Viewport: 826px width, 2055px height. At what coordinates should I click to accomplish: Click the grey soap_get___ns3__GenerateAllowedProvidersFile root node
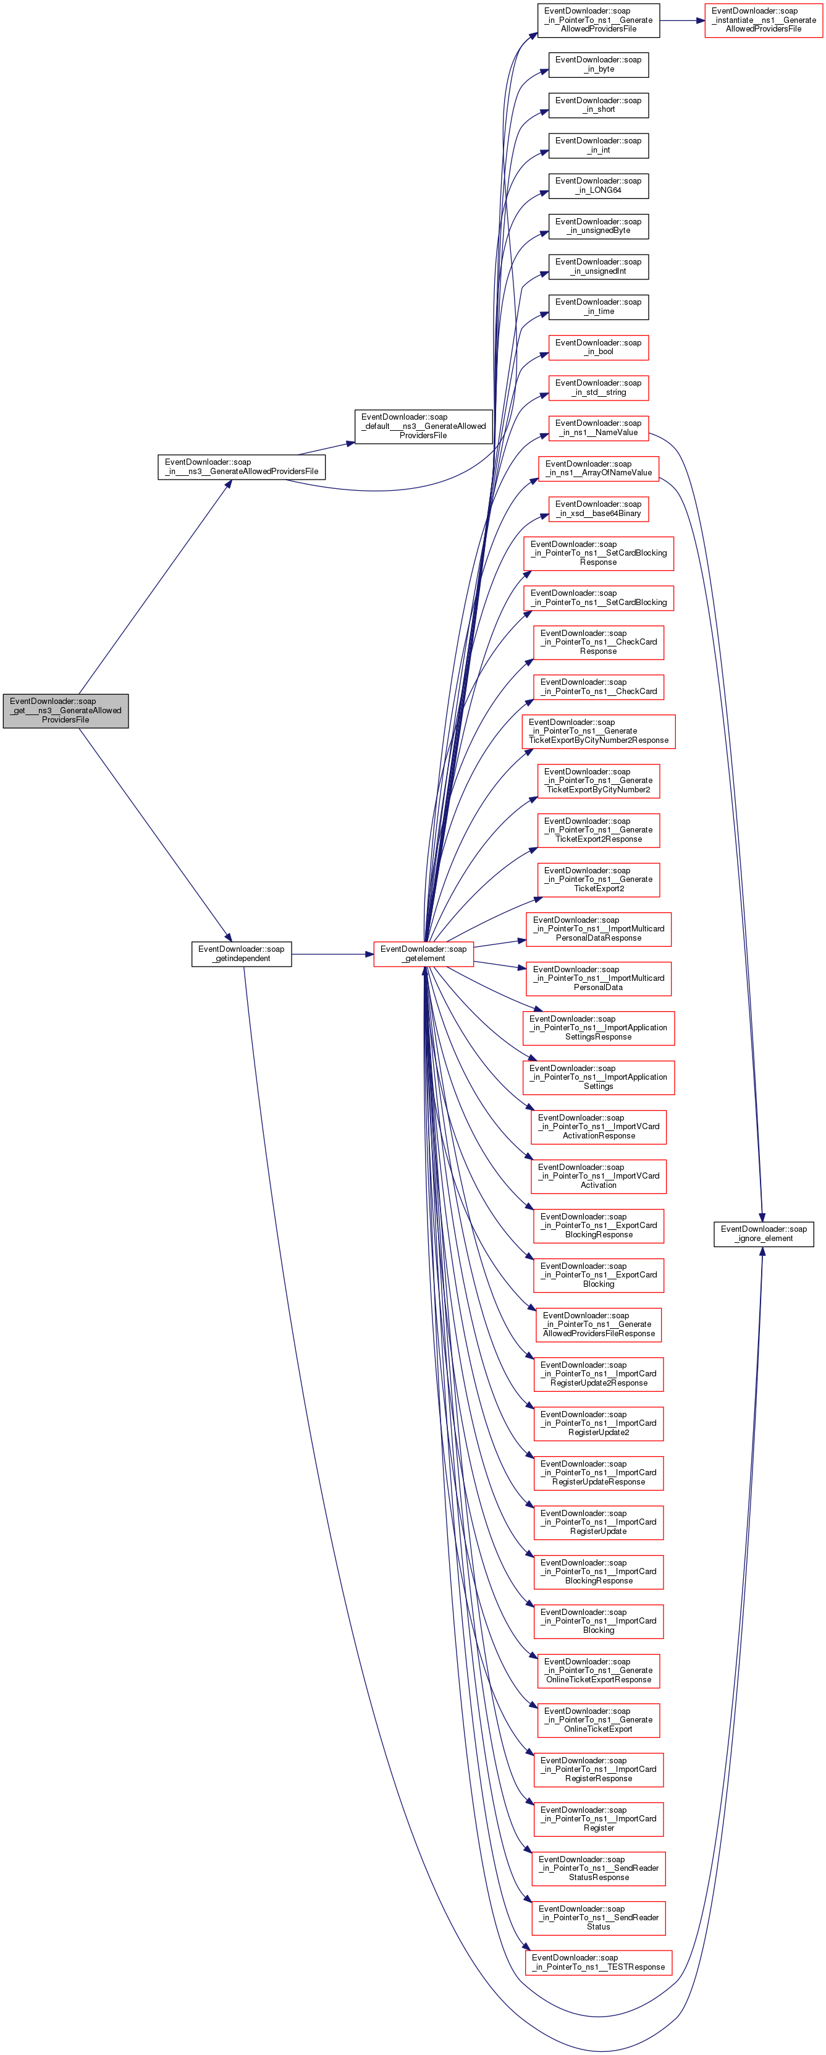click(x=65, y=710)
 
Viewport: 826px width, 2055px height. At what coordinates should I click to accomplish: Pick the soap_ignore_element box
click(x=763, y=1234)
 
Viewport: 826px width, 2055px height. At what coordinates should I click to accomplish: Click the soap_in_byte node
click(x=598, y=65)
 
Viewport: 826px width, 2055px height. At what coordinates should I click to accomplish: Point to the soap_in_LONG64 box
click(x=598, y=186)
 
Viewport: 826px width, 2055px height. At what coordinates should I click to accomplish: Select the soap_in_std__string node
click(x=598, y=388)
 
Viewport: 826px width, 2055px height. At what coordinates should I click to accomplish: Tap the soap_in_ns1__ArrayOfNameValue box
click(x=598, y=468)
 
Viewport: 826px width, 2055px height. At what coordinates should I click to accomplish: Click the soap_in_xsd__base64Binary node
click(x=598, y=509)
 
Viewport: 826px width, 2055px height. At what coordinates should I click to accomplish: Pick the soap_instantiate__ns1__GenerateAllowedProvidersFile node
click(x=763, y=20)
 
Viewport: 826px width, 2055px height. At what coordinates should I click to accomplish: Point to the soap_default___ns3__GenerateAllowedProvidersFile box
click(x=423, y=426)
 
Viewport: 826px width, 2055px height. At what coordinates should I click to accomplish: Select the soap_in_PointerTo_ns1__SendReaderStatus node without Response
click(x=598, y=1917)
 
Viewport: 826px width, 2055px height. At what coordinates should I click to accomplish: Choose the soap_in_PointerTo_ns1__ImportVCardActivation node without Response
click(x=598, y=1176)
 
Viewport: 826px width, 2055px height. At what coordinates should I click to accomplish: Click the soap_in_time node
click(x=598, y=307)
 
